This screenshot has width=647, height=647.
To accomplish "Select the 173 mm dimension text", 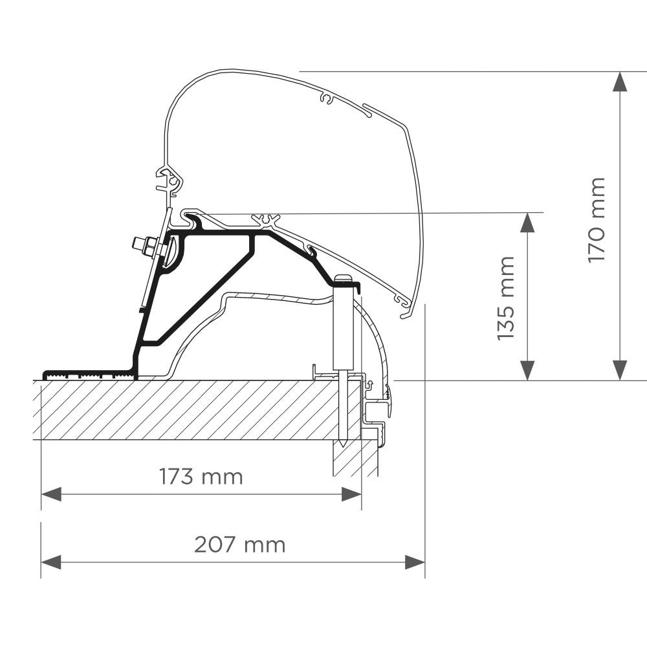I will (201, 477).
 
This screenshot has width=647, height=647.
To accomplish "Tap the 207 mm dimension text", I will (239, 545).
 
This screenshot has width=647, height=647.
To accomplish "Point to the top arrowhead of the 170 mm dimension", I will (620, 82).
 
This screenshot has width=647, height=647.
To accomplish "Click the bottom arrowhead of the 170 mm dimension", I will (620, 371).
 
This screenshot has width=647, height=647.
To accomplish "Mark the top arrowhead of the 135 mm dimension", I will (527, 223).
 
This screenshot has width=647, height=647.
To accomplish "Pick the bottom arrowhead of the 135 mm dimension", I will (527, 371).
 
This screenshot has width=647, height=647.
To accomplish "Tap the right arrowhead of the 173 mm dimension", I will (351, 494).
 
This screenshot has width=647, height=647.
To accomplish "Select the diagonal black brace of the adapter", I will (201, 291).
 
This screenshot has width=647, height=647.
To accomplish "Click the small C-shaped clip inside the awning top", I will (328, 99).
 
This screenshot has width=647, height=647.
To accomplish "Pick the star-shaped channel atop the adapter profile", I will (267, 221).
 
